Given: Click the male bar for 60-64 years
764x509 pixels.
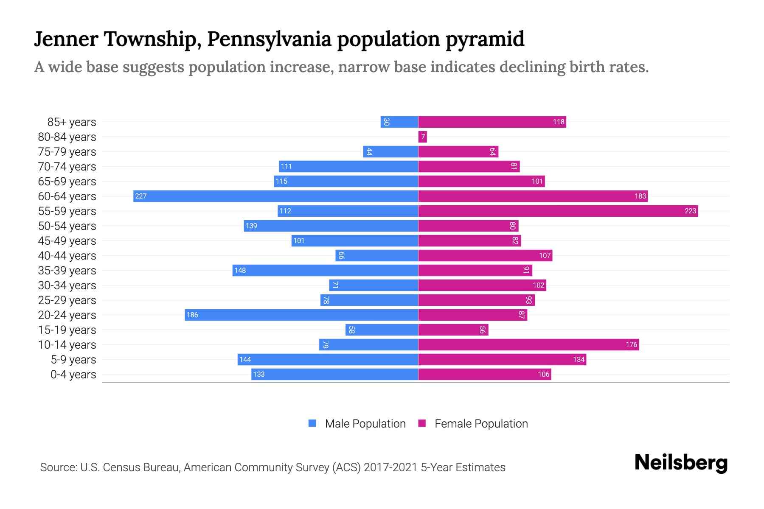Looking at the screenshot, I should [x=276, y=196].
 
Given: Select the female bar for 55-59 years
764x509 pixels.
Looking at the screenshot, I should [x=558, y=211].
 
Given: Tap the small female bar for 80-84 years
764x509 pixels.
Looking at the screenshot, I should [x=422, y=137].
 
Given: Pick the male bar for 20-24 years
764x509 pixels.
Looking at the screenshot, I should [x=301, y=315].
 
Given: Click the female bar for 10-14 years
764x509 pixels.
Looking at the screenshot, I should [x=528, y=344].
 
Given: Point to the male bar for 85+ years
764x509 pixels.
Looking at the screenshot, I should [x=399, y=122].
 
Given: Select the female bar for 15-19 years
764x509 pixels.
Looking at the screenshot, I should [x=453, y=330].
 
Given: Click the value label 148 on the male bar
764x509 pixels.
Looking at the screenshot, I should [x=240, y=270].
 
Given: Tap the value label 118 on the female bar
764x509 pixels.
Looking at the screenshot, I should [x=559, y=122].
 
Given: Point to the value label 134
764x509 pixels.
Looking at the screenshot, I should [x=579, y=359].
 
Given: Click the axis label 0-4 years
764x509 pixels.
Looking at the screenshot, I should [x=73, y=375].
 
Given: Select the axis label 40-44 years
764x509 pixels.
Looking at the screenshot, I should [x=67, y=256].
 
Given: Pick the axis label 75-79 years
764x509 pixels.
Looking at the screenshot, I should [x=67, y=152].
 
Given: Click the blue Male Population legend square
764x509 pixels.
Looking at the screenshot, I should [x=312, y=423].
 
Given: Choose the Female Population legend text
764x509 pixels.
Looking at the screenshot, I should [x=481, y=423].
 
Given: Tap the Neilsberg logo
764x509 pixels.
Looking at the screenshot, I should [x=681, y=463].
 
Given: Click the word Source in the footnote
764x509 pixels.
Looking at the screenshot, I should [x=57, y=467].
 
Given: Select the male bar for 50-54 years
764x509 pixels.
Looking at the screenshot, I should [x=331, y=226].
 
